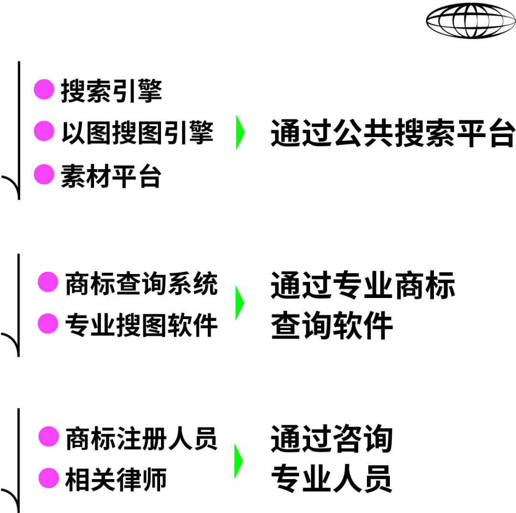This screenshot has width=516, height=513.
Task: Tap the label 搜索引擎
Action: tap(111, 91)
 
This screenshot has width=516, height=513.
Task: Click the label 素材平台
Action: tap(111, 176)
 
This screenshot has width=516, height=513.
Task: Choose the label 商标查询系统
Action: tap(141, 284)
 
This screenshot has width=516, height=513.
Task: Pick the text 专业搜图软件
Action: tap(141, 326)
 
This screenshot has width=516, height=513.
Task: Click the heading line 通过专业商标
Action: tap(363, 286)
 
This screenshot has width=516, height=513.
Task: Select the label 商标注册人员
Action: tap(141, 438)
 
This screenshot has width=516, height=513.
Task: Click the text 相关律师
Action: tap(116, 479)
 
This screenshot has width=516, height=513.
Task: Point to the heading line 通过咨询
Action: tap(332, 438)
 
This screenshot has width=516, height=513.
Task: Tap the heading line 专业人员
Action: tap(332, 479)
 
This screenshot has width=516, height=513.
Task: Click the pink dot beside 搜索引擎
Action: tap(44, 90)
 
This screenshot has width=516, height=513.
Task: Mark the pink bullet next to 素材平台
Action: tap(44, 174)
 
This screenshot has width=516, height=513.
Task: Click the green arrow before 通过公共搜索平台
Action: tap(240, 132)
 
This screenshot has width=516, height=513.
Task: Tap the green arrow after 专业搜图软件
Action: tap(239, 303)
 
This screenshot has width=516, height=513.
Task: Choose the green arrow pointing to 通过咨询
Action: tap(238, 461)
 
